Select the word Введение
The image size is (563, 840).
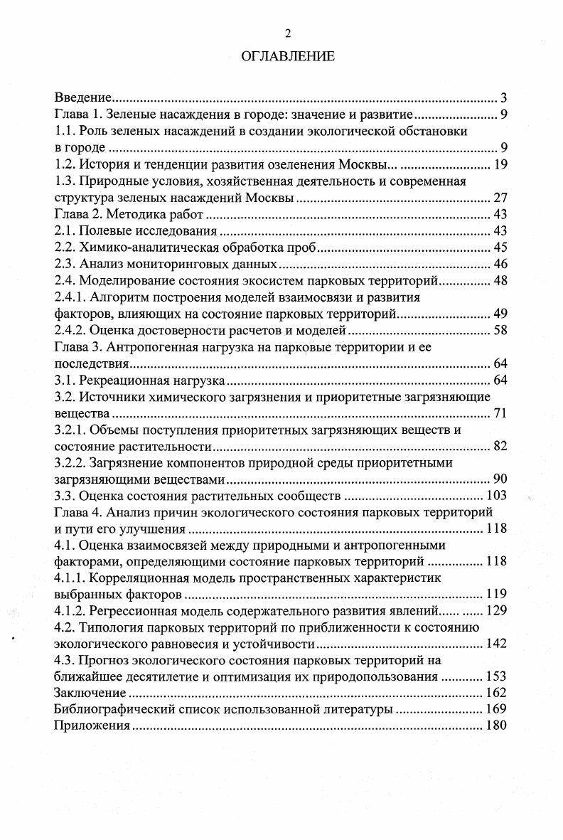pos(83,97)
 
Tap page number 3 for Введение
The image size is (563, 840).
pos(503,97)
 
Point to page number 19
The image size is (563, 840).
pos(499,164)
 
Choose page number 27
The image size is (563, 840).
pos(499,198)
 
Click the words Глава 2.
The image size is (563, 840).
pos(79,214)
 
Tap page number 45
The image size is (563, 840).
pos(499,248)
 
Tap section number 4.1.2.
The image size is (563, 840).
pos(73,611)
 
